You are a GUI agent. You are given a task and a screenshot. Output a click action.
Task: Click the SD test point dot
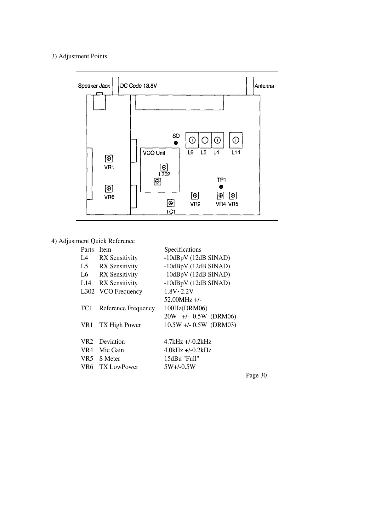click(176, 143)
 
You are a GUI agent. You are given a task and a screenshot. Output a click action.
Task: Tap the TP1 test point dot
click(221, 187)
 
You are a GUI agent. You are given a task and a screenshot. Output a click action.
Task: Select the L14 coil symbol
click(236, 140)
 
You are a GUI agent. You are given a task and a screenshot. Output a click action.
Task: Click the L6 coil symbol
click(192, 140)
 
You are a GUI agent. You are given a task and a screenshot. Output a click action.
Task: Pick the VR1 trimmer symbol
click(109, 159)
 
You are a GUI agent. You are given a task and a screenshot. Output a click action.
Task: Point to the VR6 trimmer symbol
click(109, 189)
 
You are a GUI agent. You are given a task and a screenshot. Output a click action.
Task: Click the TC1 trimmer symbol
click(171, 203)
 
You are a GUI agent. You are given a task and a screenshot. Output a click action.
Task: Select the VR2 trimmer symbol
click(195, 196)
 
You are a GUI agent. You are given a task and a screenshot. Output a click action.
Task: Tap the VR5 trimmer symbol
click(233, 196)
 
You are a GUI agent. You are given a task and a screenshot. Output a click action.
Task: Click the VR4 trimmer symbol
click(221, 196)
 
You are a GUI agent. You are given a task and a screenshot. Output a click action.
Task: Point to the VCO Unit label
click(154, 153)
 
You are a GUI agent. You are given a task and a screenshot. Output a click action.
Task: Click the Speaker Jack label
click(94, 86)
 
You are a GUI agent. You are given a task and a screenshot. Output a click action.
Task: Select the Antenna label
click(264, 86)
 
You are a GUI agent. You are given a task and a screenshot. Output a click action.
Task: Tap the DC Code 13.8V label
click(139, 86)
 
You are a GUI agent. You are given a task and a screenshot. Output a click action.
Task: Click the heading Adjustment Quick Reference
click(93, 241)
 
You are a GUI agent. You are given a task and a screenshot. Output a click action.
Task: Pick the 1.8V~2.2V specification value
click(179, 291)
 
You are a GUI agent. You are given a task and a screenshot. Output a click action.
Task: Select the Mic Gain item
click(111, 350)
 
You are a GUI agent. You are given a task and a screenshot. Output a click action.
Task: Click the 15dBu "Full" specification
click(182, 359)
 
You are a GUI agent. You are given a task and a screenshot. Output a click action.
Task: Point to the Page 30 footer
click(256, 375)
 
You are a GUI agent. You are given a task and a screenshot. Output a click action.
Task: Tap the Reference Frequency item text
click(127, 308)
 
